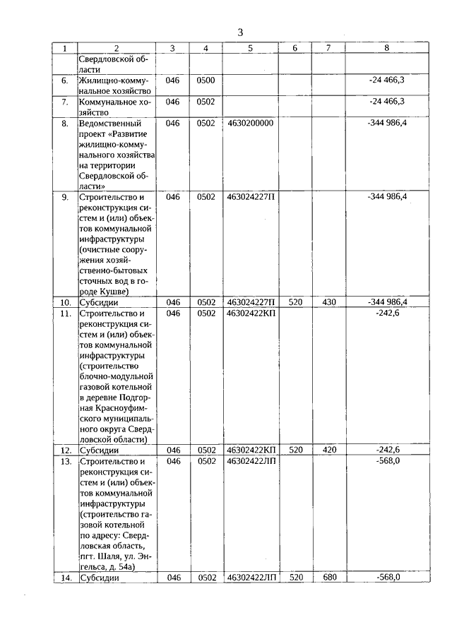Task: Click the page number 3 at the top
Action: click(x=240, y=32)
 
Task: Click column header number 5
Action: click(x=250, y=48)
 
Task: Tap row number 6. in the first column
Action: click(x=64, y=80)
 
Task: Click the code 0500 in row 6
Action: click(x=206, y=80)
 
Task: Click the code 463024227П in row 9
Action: click(x=251, y=196)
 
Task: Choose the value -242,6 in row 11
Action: click(x=388, y=313)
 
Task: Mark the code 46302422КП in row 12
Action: click(x=251, y=450)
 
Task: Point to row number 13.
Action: click(x=64, y=461)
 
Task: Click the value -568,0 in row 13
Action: click(x=388, y=461)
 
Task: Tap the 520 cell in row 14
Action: click(x=296, y=578)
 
